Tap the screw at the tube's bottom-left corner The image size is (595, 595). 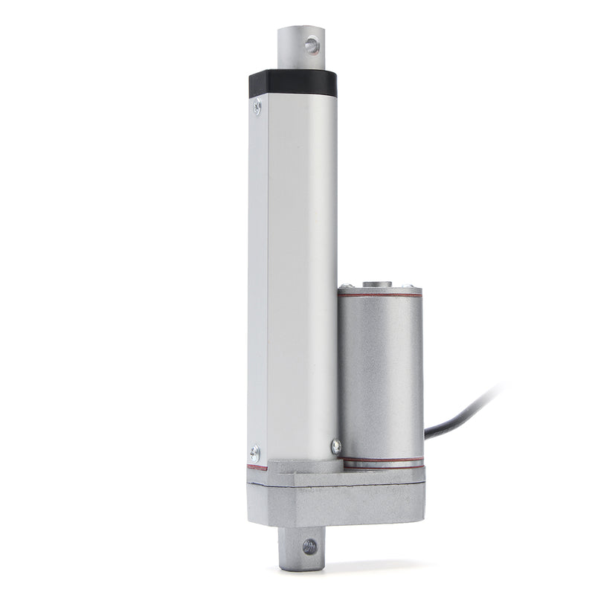[x=255, y=450]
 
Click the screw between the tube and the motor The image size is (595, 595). [x=336, y=446]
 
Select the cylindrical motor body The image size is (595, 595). [x=380, y=372]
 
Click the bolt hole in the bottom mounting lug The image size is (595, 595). [x=309, y=547]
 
